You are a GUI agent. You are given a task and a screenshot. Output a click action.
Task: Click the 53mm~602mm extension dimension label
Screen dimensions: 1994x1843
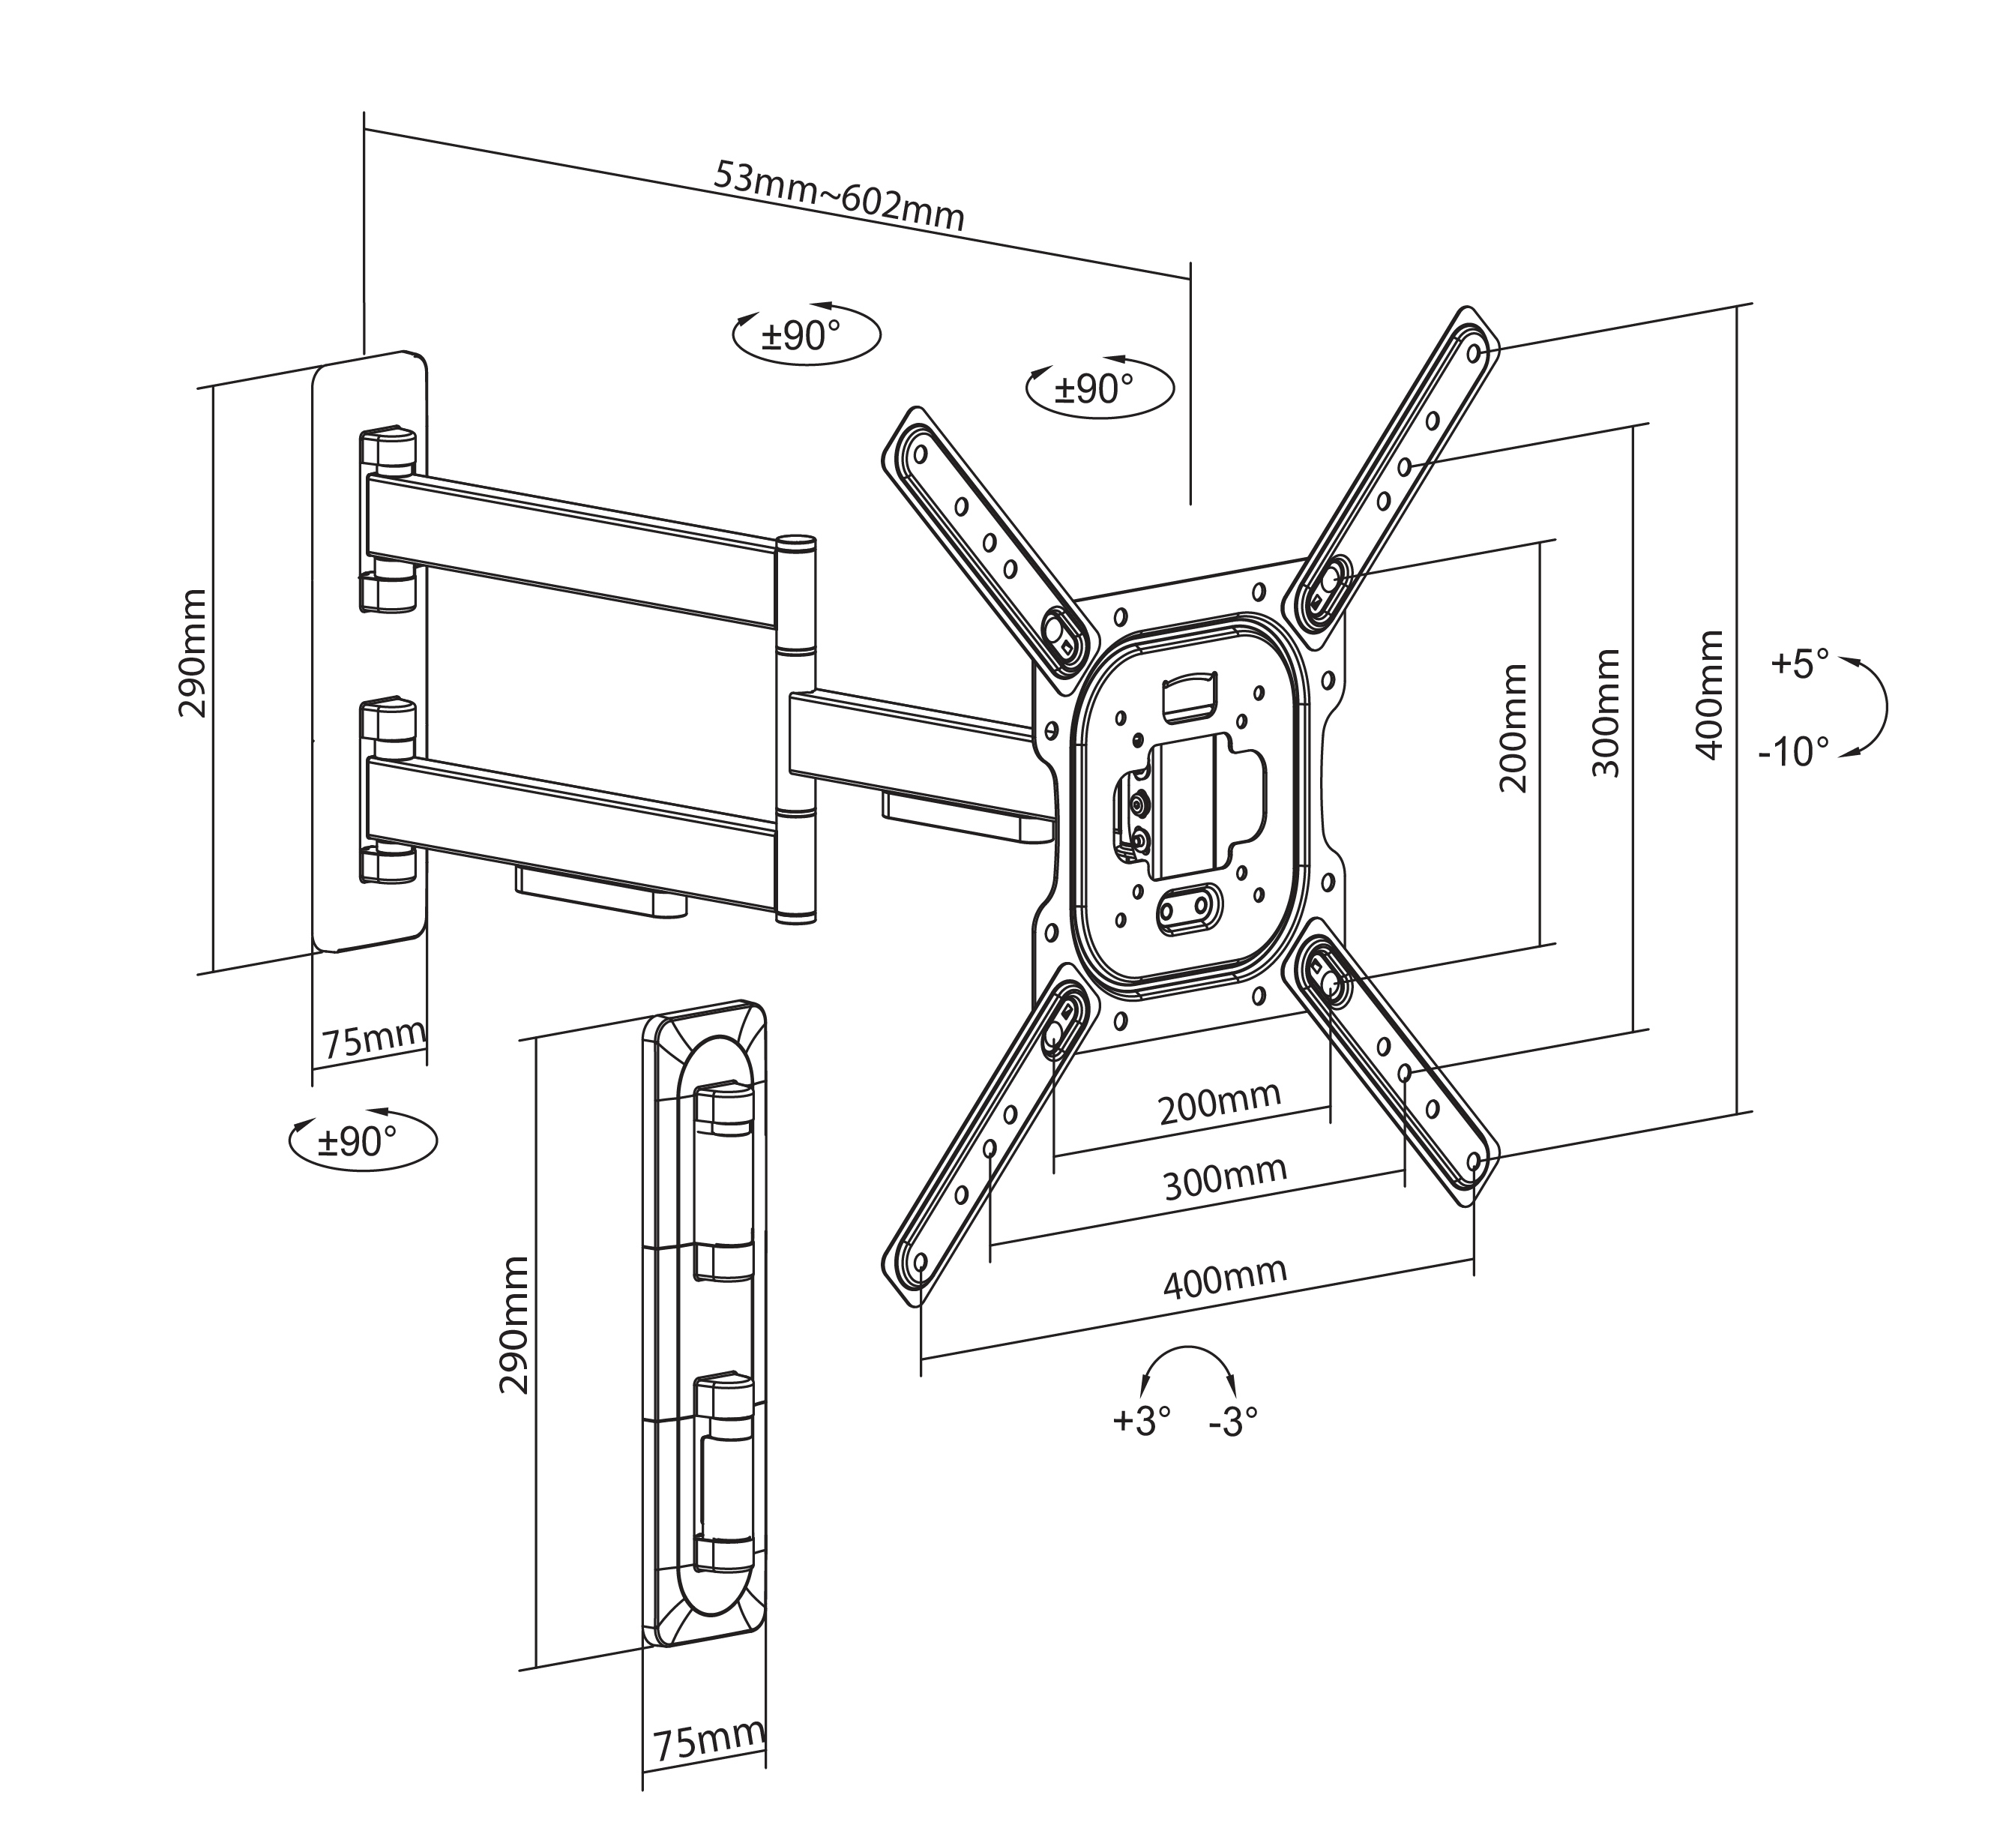pos(840,196)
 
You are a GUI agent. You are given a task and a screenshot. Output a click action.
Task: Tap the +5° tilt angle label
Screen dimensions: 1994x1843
pos(1801,664)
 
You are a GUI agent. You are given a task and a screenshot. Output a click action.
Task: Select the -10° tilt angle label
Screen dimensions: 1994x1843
pos(1794,751)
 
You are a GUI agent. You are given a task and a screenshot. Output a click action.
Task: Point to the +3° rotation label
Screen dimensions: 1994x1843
pos(1142,1420)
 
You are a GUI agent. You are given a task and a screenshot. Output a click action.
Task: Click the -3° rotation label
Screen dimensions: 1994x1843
pos(1233,1421)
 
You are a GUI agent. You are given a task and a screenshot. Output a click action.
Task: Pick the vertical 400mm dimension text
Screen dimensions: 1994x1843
pos(1709,694)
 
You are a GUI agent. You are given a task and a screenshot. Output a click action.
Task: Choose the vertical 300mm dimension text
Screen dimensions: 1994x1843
pos(1605,713)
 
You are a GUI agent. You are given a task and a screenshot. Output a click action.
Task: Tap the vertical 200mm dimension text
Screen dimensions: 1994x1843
pos(1513,728)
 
